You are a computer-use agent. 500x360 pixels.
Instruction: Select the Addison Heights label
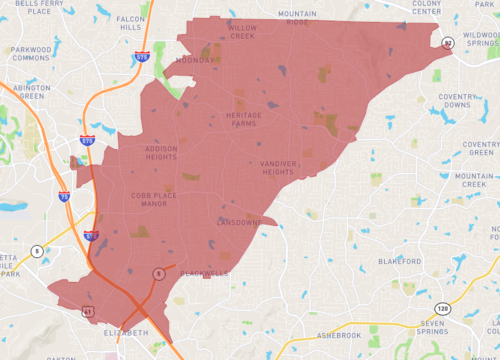(161, 153)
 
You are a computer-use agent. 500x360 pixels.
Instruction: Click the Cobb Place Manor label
(153, 200)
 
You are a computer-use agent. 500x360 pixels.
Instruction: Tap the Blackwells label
(204, 273)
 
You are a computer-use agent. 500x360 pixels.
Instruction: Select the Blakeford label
(398, 262)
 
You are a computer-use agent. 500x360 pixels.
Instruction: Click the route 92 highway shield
(449, 42)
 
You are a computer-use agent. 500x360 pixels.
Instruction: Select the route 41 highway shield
(60, 314)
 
